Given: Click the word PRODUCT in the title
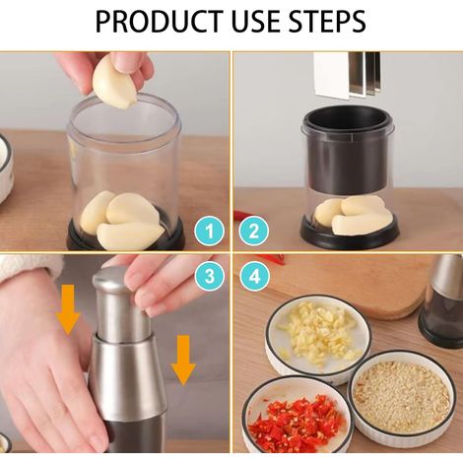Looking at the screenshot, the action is coord(160,22).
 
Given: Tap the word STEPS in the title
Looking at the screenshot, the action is coord(327,22).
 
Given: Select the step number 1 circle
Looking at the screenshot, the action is coord(210,231).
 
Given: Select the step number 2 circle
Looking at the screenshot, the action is coord(254,231).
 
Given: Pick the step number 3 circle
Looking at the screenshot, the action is coord(210,276).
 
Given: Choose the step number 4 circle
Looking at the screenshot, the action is coord(254,276).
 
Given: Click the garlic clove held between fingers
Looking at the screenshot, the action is coord(115,82).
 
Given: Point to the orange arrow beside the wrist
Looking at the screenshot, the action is coord(68,309).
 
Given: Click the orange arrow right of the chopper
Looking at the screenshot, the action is coord(183,361).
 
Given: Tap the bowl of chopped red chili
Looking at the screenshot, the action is coord(298,417).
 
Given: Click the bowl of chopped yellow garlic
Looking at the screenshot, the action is coord(318,338).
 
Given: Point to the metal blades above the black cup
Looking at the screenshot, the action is coord(348,75).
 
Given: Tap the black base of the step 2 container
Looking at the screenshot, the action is coord(350,234).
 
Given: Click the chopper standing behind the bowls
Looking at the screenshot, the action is coord(442,300).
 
